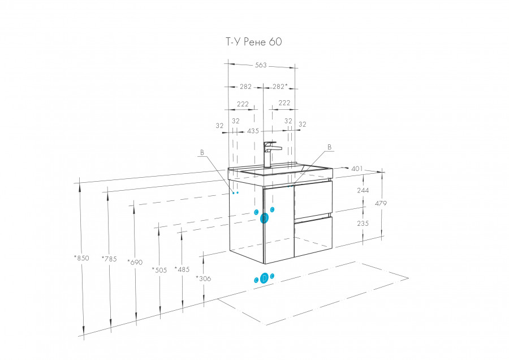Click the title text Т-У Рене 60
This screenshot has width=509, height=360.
click(254, 41)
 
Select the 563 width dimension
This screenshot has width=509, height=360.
click(261, 65)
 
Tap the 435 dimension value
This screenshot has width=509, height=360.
click(253, 131)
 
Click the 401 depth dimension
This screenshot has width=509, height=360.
click(357, 168)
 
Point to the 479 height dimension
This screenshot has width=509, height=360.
click(381, 203)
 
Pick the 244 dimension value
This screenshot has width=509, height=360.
click(363, 190)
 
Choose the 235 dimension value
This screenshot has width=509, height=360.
click(363, 224)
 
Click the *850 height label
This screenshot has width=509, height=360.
click(81, 258)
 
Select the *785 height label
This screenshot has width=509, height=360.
click(109, 259)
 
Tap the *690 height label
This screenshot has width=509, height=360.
click(135, 262)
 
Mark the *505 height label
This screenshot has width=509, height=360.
click(159, 270)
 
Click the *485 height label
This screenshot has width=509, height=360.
click(182, 269)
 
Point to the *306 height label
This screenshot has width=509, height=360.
click(204, 278)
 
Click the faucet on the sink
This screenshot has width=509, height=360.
click(269, 154)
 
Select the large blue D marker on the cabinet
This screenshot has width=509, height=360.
click(265, 218)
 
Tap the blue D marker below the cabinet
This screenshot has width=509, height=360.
click(264, 278)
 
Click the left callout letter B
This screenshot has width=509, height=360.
click(202, 152)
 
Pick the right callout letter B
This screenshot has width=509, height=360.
click(329, 147)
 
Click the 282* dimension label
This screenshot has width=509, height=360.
click(280, 87)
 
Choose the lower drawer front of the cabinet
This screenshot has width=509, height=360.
click(313, 237)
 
